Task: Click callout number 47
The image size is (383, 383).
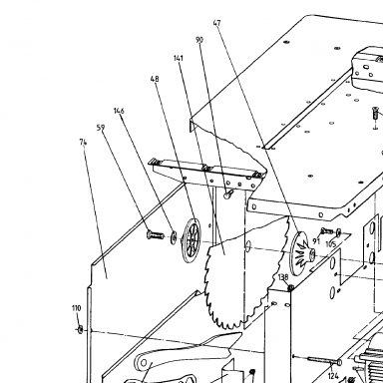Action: [216, 23]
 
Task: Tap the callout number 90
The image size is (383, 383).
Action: [199, 40]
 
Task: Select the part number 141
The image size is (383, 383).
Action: [179, 58]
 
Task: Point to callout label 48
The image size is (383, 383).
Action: [155, 79]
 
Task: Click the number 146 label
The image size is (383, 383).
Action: [119, 111]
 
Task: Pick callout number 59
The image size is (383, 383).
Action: [101, 128]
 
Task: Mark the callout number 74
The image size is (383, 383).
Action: [83, 143]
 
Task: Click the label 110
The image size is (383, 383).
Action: [76, 308]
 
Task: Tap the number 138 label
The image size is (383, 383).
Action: [283, 277]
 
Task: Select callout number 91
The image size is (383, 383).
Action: [316, 241]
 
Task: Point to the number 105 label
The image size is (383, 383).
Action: [330, 244]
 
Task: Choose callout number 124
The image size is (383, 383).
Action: [333, 376]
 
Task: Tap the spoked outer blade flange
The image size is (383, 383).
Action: [192, 240]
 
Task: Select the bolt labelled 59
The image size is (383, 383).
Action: [155, 235]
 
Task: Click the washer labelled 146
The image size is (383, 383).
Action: [174, 237]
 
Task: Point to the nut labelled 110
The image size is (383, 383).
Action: [80, 330]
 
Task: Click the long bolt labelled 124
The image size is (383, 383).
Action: [325, 360]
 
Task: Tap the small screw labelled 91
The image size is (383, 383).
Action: [327, 230]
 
